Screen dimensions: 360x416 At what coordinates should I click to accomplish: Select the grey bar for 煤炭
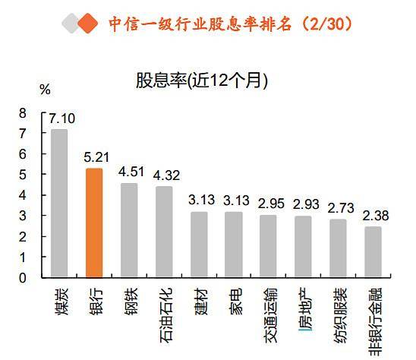coord(58,203)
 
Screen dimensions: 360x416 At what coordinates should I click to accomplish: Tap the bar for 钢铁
coord(128,230)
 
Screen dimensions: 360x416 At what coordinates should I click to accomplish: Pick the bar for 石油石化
coord(163,232)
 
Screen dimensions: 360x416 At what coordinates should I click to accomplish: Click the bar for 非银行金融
coord(372,251)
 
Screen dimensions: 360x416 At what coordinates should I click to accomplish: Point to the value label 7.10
coord(61,118)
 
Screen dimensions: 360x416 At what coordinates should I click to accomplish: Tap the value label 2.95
coord(269,204)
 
